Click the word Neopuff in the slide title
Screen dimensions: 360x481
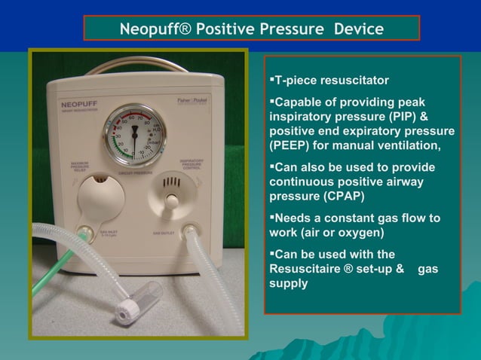click(x=155, y=29)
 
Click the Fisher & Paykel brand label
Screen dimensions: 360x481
click(x=198, y=102)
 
